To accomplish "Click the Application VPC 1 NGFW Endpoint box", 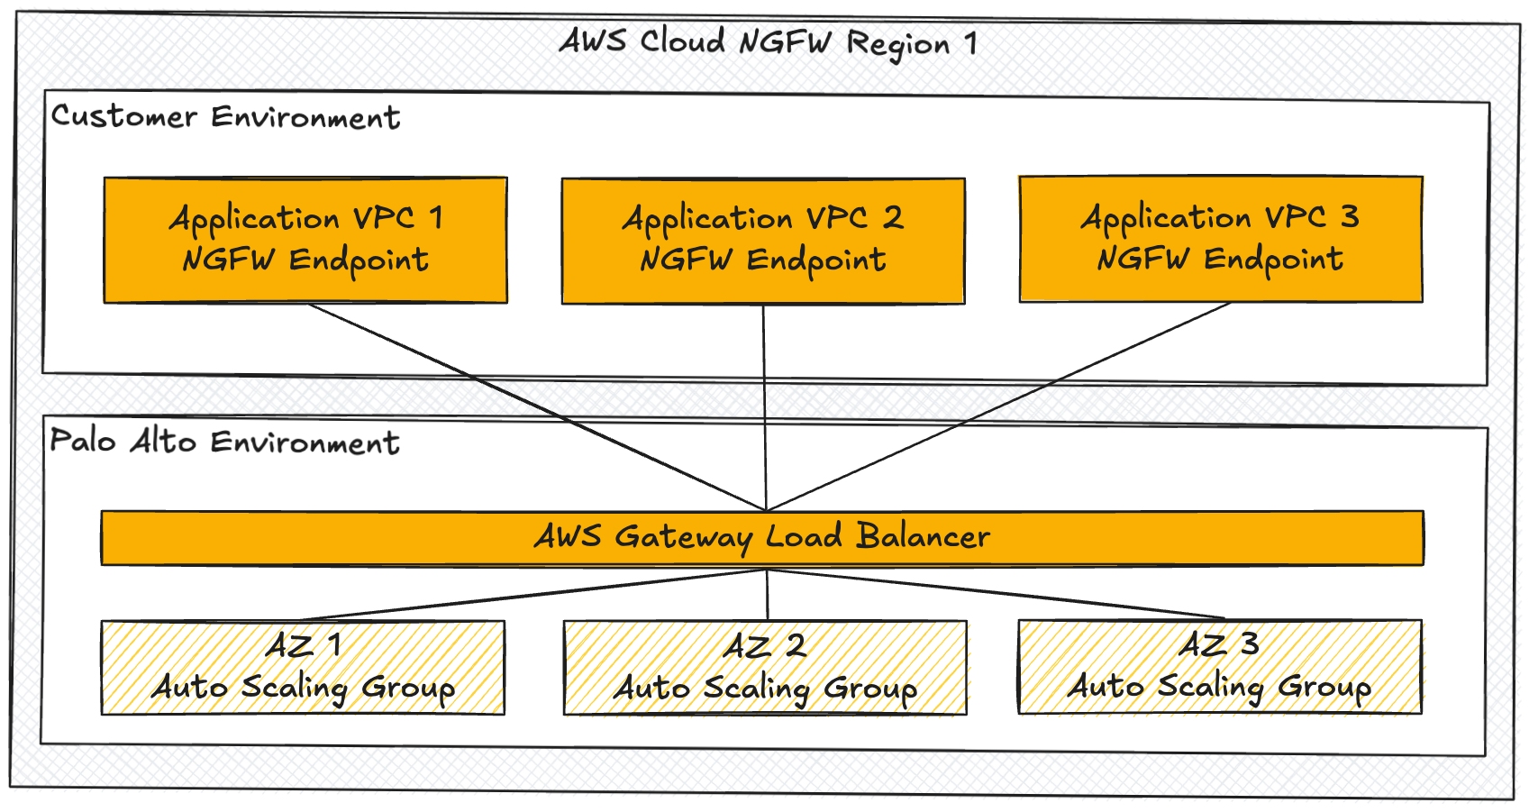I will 305,240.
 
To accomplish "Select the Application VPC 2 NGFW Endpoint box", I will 763,241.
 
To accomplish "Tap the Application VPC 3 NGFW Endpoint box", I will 1221,239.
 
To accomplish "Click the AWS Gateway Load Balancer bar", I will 762,538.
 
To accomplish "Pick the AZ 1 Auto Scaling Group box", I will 303,668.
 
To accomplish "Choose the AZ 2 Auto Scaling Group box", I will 765,668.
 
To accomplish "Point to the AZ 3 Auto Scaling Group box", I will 1220,667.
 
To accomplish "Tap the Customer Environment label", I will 225,117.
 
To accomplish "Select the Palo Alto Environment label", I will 224,442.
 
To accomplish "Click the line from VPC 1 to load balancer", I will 537,406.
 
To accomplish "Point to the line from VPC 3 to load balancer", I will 998,406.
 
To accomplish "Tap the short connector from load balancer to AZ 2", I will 768,594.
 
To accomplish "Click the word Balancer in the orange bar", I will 923,536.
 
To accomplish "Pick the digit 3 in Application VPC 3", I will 1349,216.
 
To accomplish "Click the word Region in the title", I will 898,44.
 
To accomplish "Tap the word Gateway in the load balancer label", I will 683,538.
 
